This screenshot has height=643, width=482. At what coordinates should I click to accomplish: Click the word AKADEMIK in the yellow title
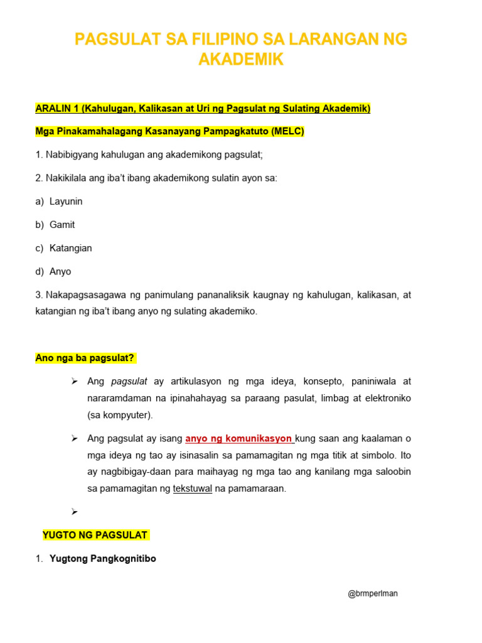pos(241,60)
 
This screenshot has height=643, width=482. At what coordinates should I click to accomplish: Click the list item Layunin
pos(66,202)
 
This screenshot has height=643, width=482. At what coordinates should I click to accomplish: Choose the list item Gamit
pos(62,225)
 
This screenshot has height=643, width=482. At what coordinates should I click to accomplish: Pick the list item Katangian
pos(70,248)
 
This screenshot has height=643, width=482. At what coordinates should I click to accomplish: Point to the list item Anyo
pos(60,272)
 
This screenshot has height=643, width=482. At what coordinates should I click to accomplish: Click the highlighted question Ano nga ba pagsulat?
pos(85,358)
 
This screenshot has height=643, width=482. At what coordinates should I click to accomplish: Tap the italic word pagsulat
pos(129,381)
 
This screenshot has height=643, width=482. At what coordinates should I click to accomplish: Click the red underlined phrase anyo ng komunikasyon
pos(239,438)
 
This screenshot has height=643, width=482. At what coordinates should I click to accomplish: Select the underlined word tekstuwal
pos(193,489)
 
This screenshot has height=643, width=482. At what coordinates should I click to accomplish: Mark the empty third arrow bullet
pos(74,512)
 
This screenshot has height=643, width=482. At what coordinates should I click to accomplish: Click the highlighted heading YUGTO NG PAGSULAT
pos(95,535)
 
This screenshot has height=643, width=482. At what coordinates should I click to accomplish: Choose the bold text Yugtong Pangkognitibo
pos(102,558)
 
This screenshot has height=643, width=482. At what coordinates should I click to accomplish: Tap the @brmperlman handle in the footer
pos(373,593)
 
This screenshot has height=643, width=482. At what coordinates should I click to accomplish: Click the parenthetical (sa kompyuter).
pos(120,415)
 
